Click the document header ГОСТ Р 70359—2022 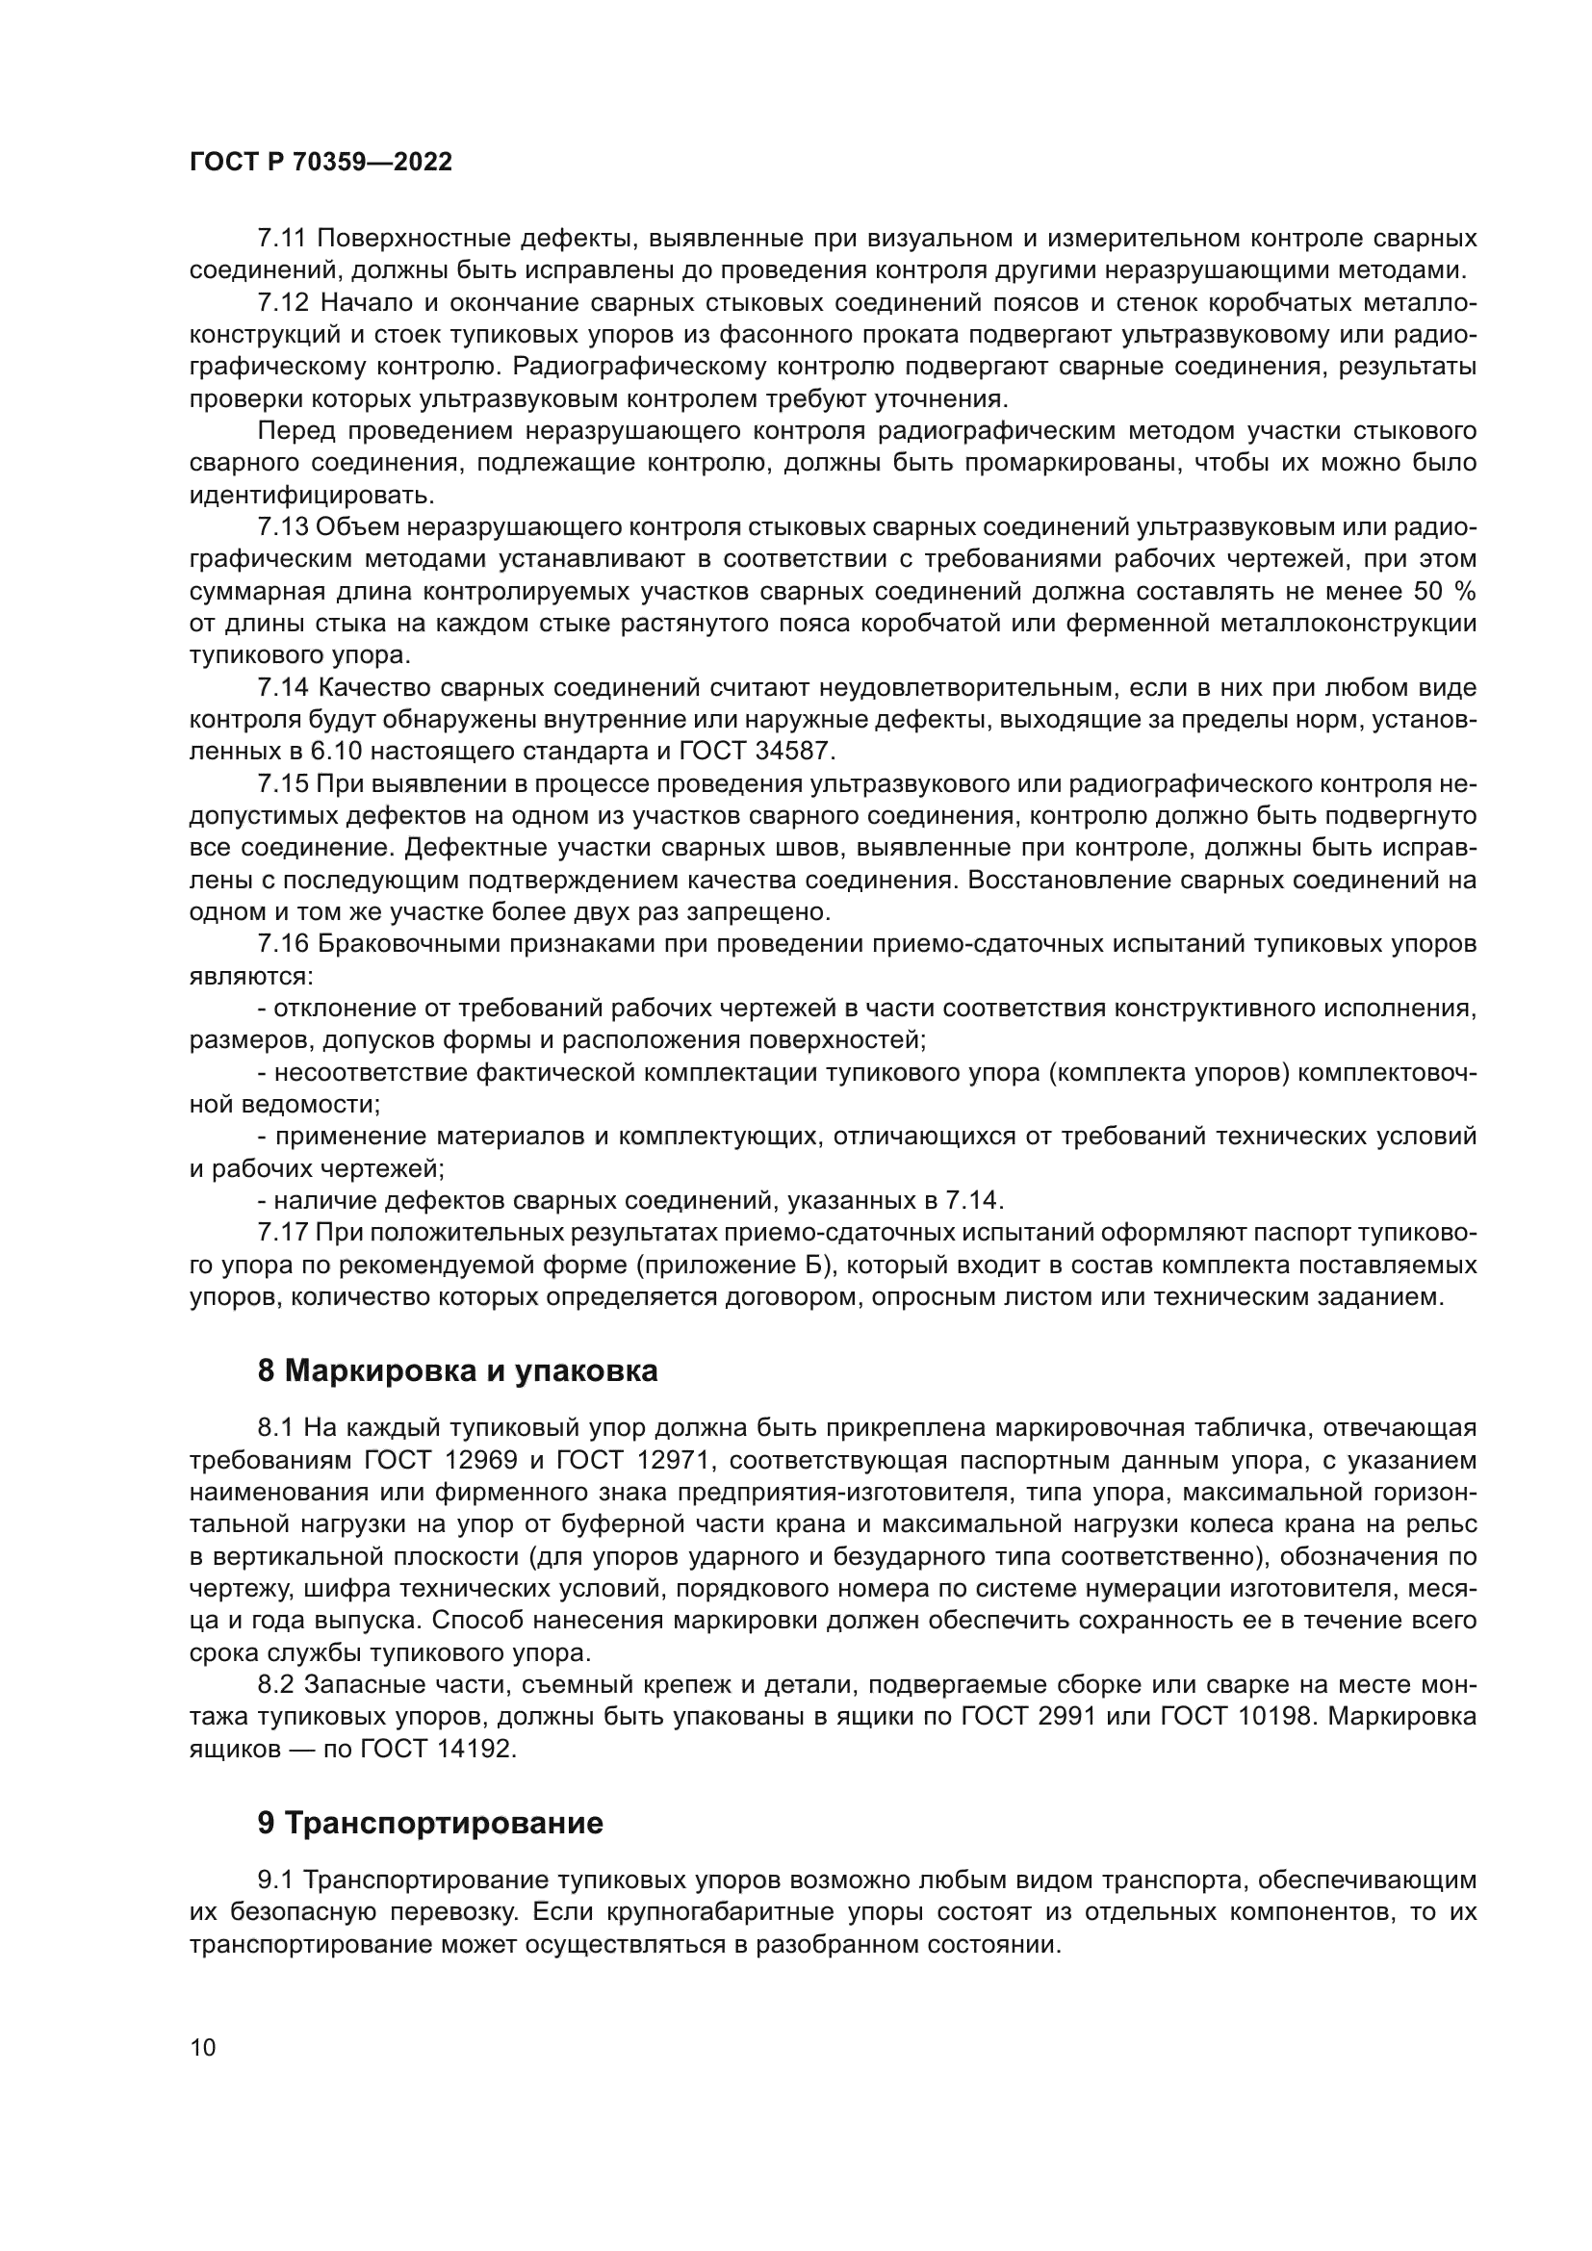point(321,163)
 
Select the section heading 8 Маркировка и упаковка point(457,1371)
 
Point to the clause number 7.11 point(282,239)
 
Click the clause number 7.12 point(282,303)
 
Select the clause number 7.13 point(282,527)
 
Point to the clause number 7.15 point(282,784)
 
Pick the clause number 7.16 point(282,944)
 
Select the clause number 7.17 point(282,1232)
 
